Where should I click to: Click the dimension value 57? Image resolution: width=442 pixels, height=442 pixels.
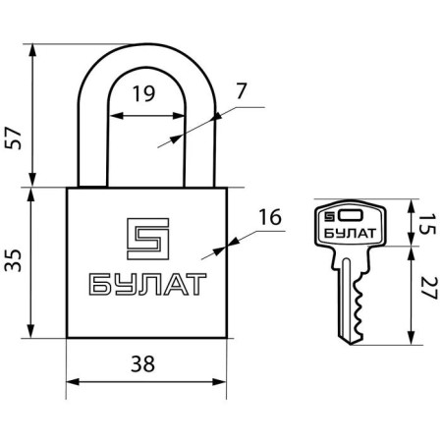pos(13,138)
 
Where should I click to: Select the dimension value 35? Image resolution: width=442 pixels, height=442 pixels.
pos(13,260)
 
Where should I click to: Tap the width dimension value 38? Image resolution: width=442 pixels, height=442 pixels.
pos(142,363)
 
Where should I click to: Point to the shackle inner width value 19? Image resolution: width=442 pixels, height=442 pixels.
pos(143,93)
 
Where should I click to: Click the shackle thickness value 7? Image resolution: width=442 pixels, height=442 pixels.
pos(241,91)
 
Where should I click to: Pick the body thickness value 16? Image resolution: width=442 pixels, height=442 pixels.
pos(270,217)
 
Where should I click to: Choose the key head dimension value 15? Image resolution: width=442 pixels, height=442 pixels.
pos(428,224)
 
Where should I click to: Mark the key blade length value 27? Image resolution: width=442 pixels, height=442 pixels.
pos(428,288)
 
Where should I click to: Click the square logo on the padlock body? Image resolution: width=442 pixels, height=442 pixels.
pos(148,239)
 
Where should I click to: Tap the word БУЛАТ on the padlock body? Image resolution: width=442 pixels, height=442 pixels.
pos(147,285)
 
